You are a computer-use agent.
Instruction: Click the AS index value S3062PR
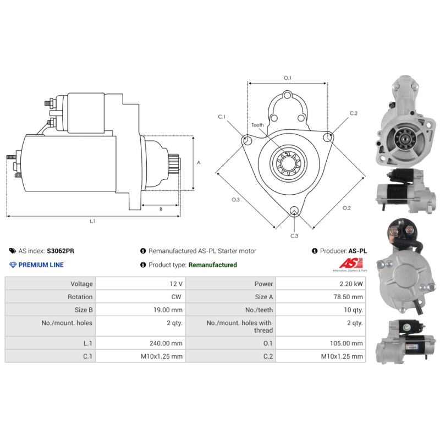pos(61,251)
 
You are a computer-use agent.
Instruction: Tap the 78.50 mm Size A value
pos(348,296)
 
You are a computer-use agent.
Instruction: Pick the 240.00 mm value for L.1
pos(166,343)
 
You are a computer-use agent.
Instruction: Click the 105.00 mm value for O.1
pos(346,343)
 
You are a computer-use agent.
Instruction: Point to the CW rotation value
pos(176,296)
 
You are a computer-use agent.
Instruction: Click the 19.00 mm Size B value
pos(168,310)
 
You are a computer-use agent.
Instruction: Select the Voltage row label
pos(81,284)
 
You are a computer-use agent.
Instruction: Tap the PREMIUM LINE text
pos(41,265)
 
